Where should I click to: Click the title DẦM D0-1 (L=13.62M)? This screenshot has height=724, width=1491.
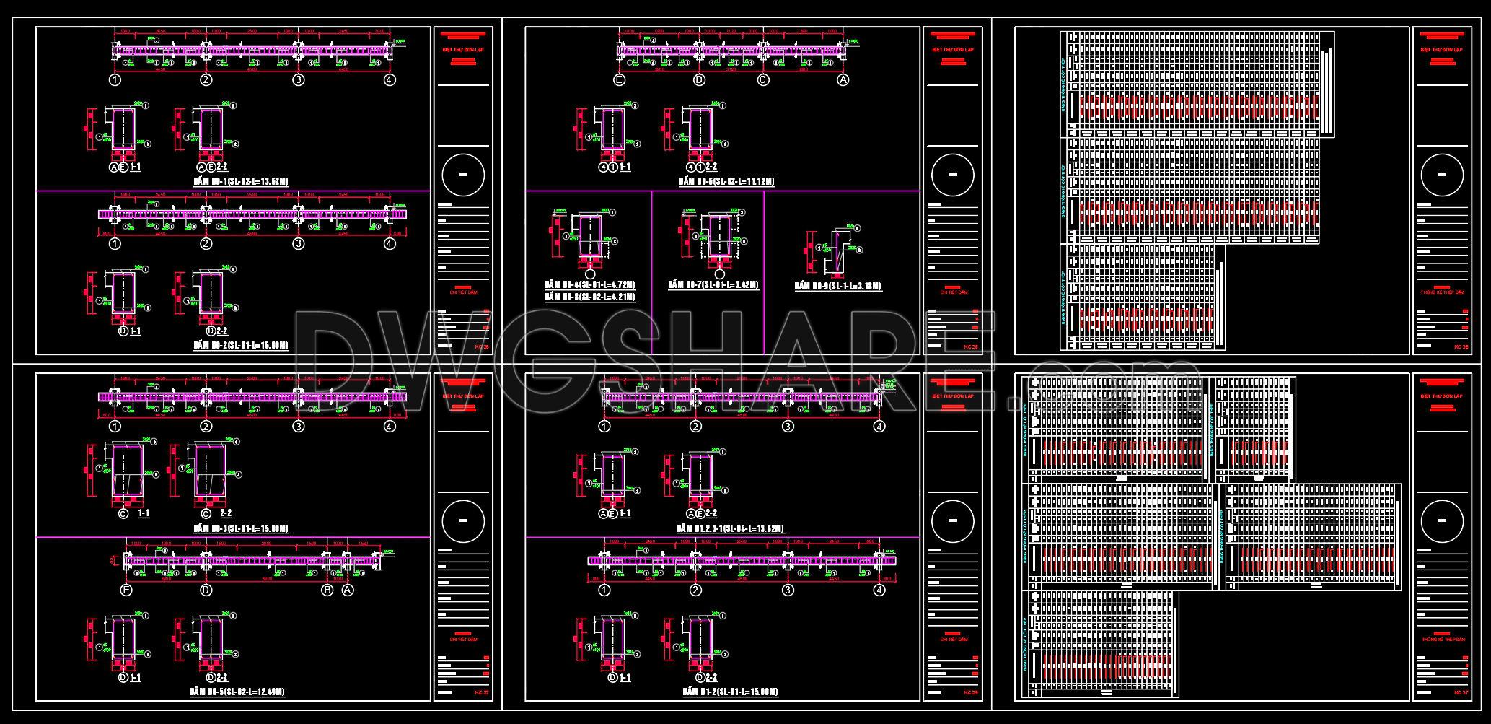241,181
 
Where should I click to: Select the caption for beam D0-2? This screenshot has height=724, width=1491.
241,346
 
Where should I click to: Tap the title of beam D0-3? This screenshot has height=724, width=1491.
241,528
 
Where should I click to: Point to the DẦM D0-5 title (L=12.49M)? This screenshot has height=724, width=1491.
237,692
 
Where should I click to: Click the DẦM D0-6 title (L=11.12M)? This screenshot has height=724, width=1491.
728,181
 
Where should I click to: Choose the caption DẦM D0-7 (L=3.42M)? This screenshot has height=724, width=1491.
713,284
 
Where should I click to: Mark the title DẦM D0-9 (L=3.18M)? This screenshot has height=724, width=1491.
838,286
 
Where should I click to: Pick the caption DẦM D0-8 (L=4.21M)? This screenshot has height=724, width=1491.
590,297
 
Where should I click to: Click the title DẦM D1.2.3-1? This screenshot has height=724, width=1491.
730,528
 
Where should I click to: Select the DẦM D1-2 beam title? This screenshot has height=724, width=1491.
730,692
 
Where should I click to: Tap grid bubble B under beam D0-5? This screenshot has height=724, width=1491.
327,590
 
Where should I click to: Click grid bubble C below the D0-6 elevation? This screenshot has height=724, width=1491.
764,80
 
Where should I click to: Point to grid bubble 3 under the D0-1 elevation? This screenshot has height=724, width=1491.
298,80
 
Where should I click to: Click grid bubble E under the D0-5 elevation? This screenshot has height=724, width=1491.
127,590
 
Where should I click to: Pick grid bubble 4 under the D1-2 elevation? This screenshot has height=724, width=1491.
879,590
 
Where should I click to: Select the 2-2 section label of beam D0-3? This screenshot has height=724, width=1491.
226,513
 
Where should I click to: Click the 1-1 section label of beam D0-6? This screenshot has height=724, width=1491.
624,167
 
